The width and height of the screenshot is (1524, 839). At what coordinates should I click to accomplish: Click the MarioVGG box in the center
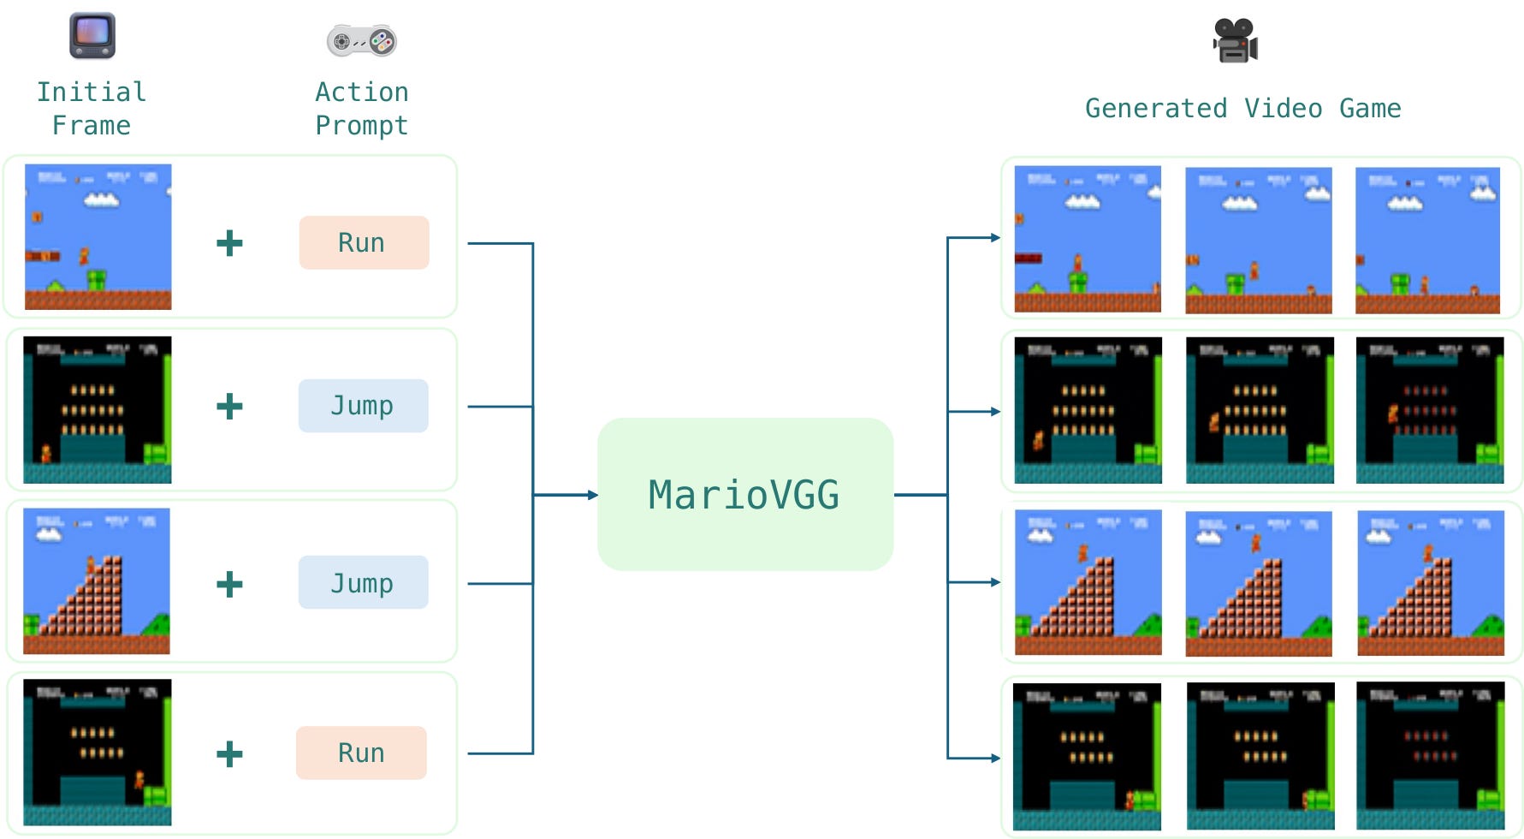(744, 495)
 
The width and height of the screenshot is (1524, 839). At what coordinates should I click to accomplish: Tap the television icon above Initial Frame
(92, 36)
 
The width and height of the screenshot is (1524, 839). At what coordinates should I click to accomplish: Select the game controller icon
(361, 40)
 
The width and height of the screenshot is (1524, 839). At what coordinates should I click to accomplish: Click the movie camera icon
(1235, 41)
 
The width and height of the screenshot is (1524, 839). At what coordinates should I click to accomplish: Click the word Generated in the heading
(1155, 109)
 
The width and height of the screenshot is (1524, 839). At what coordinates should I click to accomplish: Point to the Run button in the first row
(364, 243)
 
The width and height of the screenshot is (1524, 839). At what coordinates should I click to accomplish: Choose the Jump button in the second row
(363, 406)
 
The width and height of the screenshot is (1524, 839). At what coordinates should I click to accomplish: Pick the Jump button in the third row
(363, 583)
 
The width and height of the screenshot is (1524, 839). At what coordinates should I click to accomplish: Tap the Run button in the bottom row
(361, 753)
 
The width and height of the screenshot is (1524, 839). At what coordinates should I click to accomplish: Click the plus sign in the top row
(229, 243)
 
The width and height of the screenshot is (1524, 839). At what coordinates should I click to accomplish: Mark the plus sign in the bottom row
(229, 754)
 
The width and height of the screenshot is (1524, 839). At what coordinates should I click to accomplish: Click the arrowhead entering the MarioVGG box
(592, 495)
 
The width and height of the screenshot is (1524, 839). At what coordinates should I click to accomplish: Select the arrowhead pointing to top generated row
(995, 238)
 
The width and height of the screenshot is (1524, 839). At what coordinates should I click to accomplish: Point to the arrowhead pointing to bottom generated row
(995, 758)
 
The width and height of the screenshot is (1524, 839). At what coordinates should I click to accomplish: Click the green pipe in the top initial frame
(97, 280)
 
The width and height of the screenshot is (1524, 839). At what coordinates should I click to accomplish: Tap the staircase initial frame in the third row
(97, 581)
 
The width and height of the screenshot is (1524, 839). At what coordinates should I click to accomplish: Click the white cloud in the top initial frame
(102, 200)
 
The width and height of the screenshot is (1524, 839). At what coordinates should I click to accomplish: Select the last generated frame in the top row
(1427, 241)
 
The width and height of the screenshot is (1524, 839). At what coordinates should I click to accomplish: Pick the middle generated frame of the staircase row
(1258, 584)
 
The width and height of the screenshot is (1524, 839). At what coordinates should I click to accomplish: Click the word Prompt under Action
(361, 126)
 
